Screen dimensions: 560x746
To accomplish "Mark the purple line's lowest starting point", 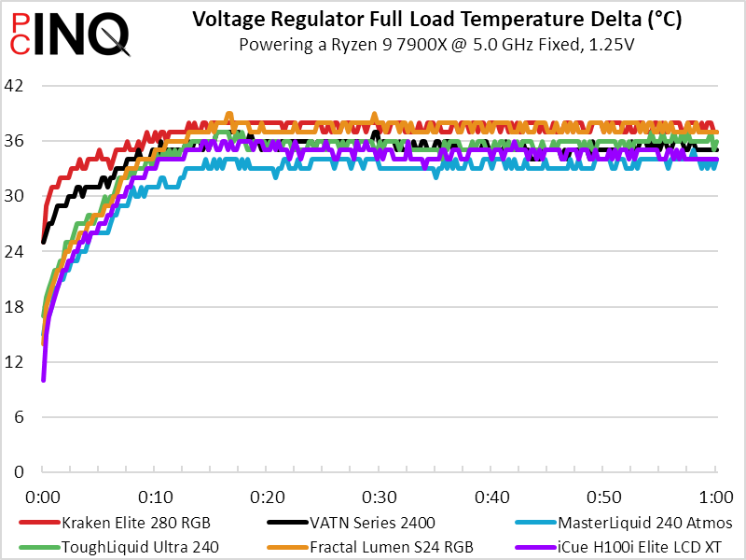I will coord(44,379).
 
